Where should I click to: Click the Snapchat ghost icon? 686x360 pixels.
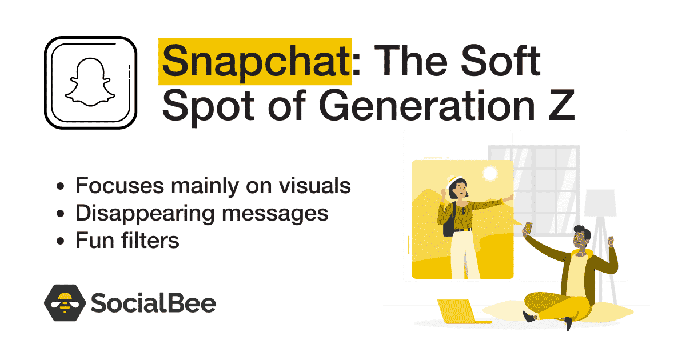[x=90, y=82]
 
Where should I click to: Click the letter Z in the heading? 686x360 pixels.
[x=561, y=105]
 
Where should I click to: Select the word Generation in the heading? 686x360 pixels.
[x=427, y=105]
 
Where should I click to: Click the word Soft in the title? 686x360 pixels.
[x=500, y=61]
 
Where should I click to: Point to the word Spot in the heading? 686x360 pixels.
[x=208, y=107]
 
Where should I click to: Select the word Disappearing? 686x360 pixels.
[x=145, y=214]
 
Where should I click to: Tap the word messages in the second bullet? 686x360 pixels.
[x=275, y=214]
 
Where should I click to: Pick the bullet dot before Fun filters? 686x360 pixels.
[x=61, y=241]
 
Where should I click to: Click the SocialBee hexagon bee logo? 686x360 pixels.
[x=65, y=303]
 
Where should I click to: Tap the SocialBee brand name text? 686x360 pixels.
[x=153, y=303]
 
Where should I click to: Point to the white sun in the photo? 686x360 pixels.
[x=490, y=174]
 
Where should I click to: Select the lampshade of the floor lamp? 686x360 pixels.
[x=600, y=203]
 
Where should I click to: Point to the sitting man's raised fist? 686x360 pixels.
[x=611, y=241]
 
